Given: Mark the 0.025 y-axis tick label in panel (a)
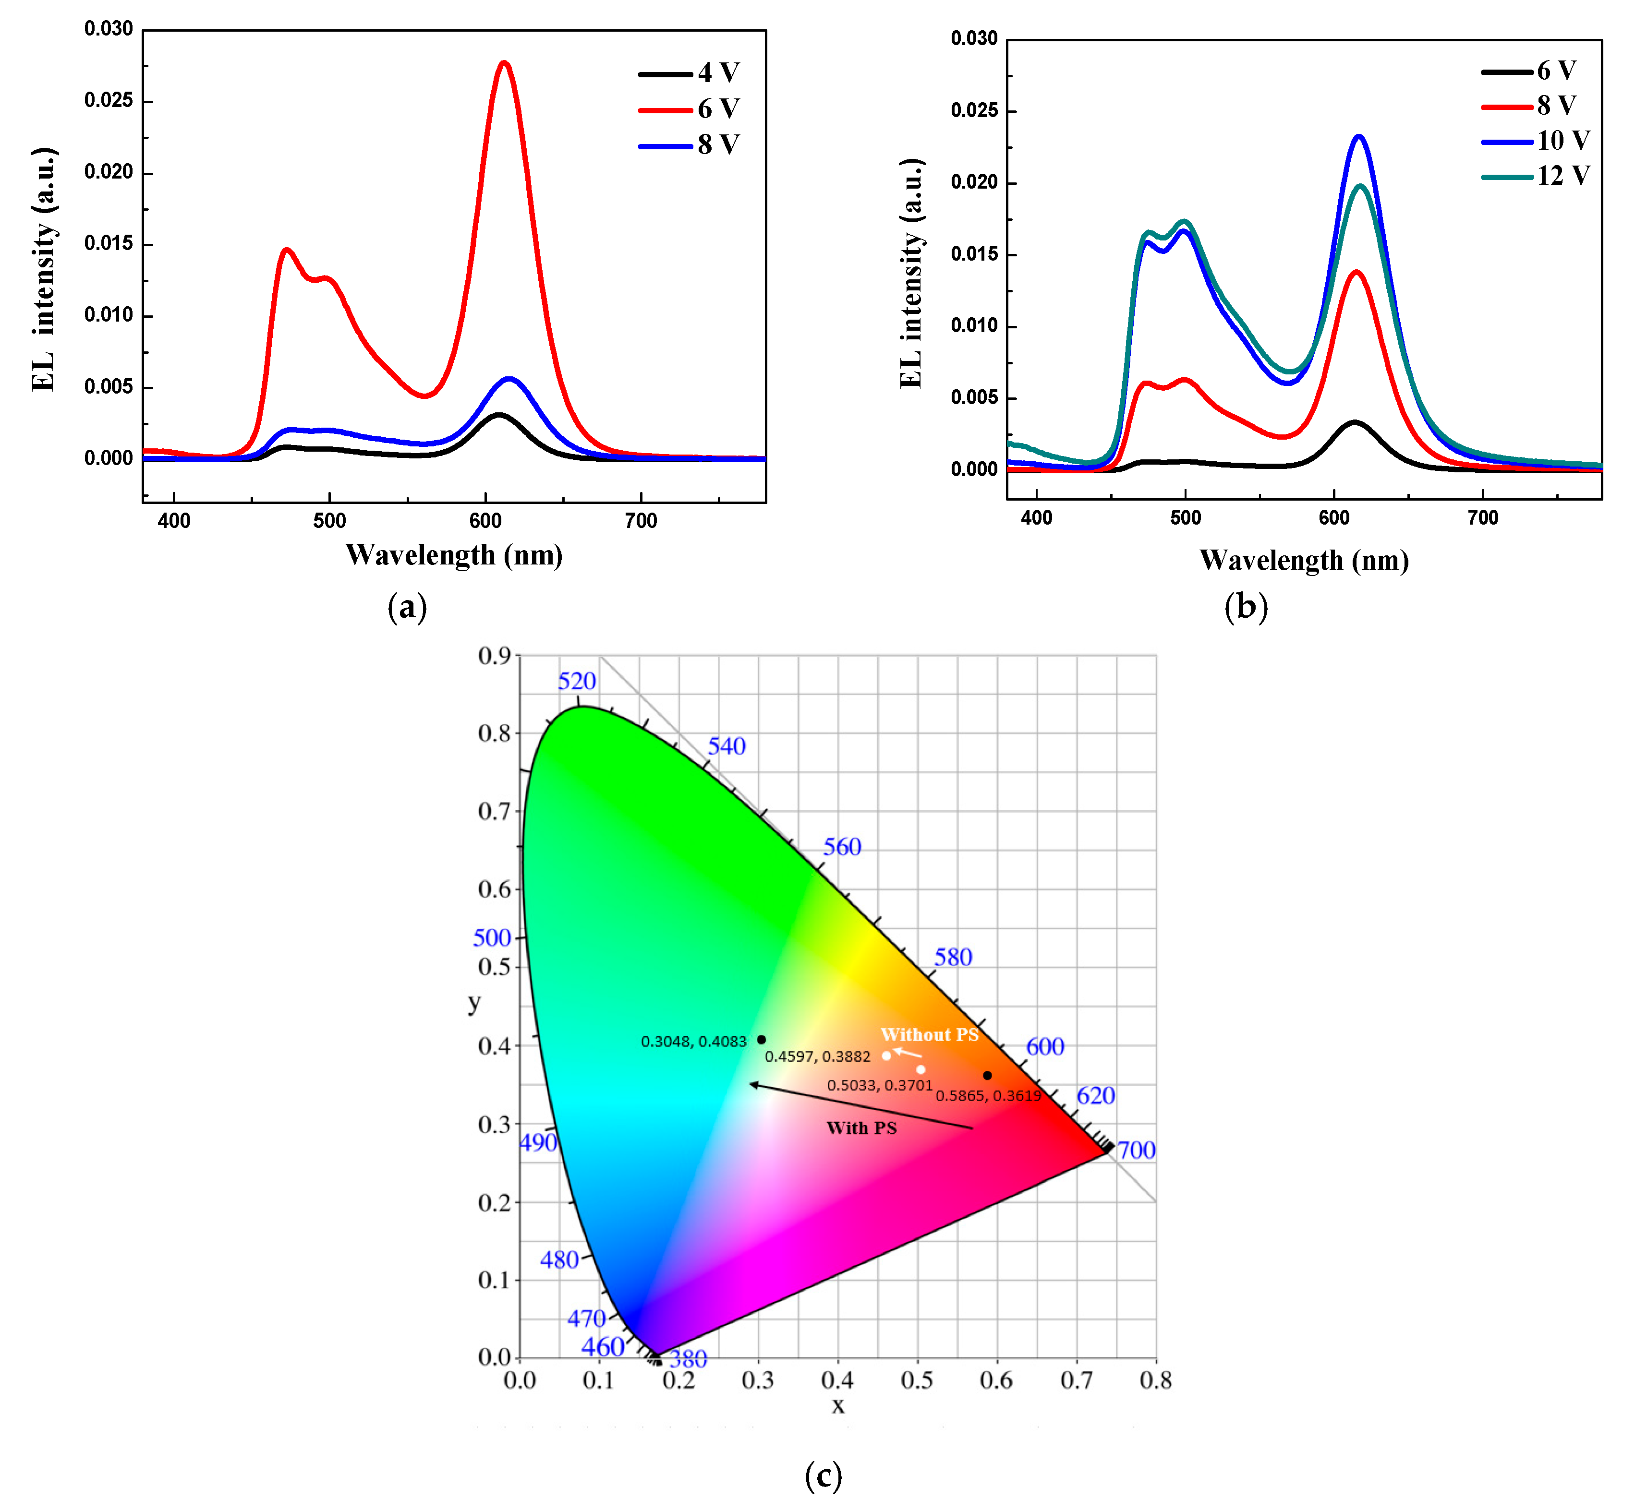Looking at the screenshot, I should (x=108, y=101).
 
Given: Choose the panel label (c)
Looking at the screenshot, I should (x=823, y=1476).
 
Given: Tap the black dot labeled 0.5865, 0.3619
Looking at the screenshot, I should (x=987, y=1075).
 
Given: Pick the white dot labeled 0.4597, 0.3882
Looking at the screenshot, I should (x=886, y=1055).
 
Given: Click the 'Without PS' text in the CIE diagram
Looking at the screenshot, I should (x=929, y=1034).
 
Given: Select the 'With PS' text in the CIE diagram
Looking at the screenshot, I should (x=861, y=1128).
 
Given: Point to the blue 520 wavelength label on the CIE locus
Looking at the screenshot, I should (x=577, y=681).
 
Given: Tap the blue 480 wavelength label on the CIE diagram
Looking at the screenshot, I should (x=559, y=1260).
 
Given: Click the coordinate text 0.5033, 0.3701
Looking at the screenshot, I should (x=879, y=1085).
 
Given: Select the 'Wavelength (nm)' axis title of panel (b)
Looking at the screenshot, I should (x=1304, y=561).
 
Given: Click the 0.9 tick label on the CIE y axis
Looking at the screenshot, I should (x=494, y=656).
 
